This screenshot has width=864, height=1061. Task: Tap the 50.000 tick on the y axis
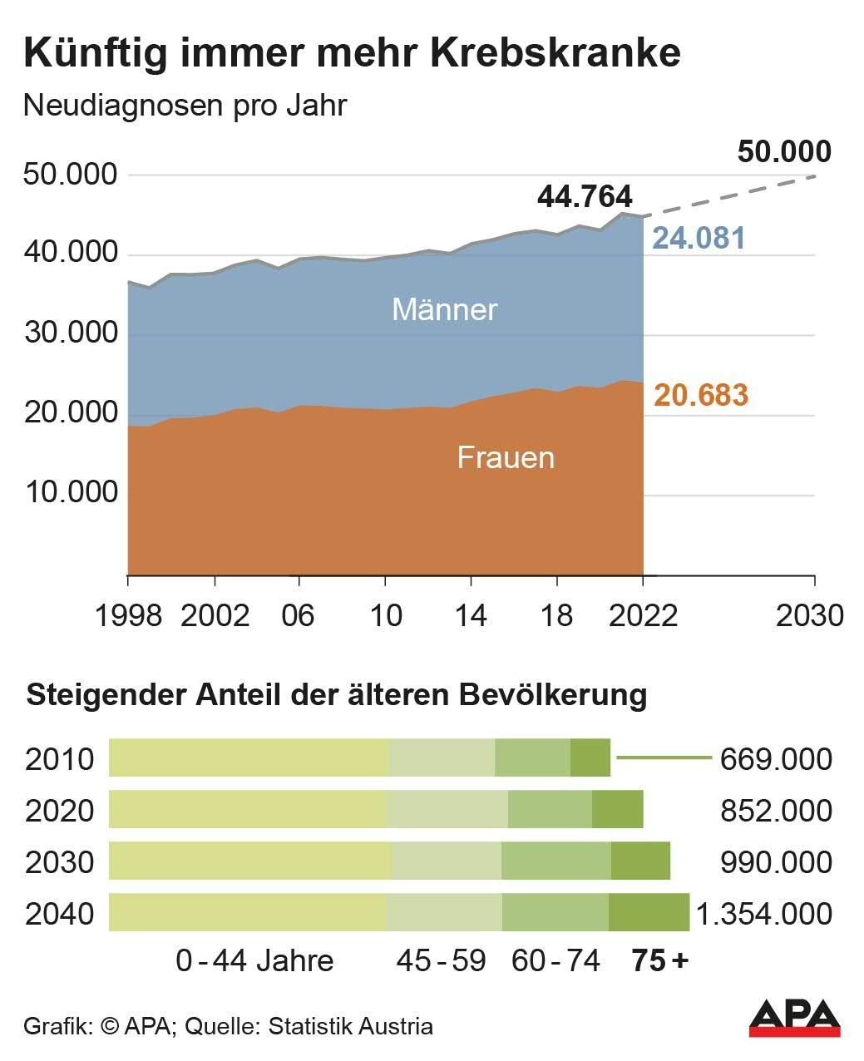[71, 175]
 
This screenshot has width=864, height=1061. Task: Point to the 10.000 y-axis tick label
[71, 492]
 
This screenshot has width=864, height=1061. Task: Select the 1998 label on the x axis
[128, 615]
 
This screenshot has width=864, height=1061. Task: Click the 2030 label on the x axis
[809, 615]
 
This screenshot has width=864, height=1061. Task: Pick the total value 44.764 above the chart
[585, 197]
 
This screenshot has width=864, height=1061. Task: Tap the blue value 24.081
[699, 238]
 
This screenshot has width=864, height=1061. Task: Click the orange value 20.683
[701, 395]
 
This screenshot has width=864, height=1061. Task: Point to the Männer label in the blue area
[444, 309]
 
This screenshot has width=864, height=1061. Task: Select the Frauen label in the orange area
[506, 457]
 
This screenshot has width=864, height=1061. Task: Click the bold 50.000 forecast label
[784, 152]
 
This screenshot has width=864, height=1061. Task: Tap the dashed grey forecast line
[732, 195]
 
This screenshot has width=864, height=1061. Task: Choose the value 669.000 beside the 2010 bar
[776, 759]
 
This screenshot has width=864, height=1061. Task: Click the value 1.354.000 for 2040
[763, 914]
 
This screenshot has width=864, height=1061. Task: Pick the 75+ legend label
[660, 961]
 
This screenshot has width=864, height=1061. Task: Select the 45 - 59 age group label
[441, 961]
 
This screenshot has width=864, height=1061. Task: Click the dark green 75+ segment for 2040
[649, 913]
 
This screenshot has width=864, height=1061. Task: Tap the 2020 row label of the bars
[60, 811]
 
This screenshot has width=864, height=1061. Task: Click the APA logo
[794, 1018]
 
